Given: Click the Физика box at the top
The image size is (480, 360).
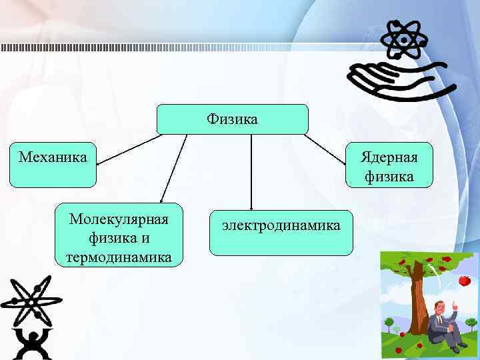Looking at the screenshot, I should [232, 119].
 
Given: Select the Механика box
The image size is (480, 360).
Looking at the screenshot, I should [53, 164].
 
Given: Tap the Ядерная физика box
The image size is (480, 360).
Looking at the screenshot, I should [389, 166].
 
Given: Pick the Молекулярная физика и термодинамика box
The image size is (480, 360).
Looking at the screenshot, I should [119, 235].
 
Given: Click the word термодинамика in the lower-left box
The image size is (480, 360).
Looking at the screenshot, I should [119, 257].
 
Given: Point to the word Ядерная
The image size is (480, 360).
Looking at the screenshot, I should [389, 157].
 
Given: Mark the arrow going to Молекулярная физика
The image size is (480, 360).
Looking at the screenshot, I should [174, 167].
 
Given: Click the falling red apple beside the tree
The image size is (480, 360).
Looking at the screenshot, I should [465, 281].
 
